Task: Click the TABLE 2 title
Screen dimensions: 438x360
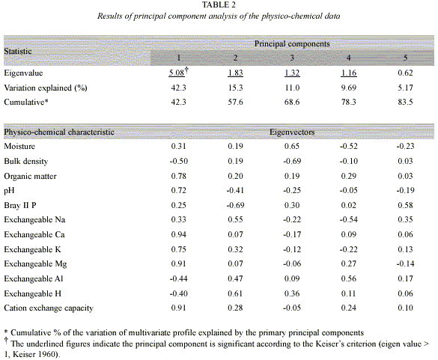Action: (219, 4)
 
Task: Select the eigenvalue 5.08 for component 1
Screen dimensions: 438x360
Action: (177, 73)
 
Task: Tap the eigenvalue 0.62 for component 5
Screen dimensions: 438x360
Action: (405, 73)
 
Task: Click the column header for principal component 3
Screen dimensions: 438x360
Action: (292, 58)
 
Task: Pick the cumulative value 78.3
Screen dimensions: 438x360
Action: (348, 102)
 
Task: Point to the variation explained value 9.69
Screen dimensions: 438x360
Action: (348, 88)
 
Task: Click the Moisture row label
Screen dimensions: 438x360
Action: (19, 147)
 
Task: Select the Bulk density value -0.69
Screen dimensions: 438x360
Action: (292, 161)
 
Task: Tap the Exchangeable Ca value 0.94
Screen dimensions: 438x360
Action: (178, 234)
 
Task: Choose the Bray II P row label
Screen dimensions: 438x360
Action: (20, 205)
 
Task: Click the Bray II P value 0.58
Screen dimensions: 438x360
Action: (405, 205)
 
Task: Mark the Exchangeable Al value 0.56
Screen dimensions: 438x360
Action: (348, 278)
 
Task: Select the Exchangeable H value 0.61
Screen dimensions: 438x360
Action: (235, 293)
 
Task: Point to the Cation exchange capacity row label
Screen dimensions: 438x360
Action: (49, 308)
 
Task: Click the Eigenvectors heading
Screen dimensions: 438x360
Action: (292, 132)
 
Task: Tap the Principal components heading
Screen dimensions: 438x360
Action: (292, 44)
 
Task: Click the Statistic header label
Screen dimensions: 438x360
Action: (18, 51)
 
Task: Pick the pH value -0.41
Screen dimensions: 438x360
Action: (235, 190)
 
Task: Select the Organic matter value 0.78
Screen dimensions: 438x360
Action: (178, 176)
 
